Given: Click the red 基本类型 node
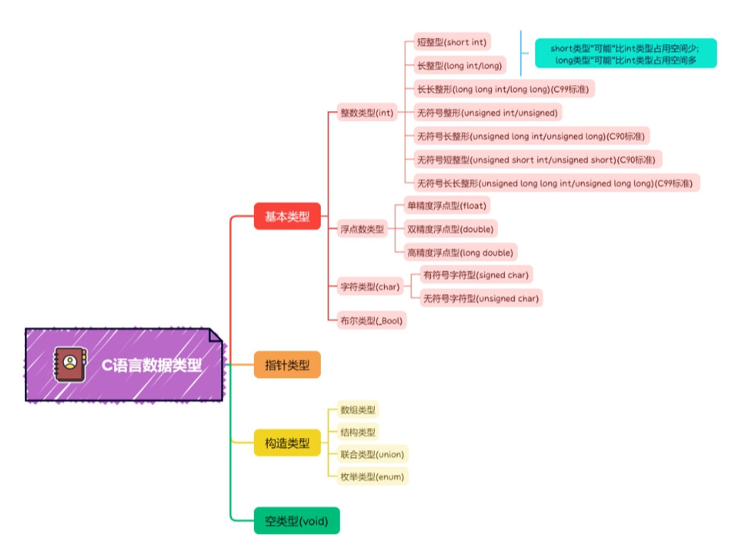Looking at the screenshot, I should click(287, 217).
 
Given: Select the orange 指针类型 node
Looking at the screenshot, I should click(287, 365).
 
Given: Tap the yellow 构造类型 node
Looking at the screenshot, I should click(287, 443).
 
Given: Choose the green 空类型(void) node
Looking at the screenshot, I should click(296, 521).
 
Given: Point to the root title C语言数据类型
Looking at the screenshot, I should click(152, 364).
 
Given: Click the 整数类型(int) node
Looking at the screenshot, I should click(366, 113).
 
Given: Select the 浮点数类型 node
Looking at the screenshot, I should click(362, 229).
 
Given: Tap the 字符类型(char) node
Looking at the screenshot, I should click(369, 287).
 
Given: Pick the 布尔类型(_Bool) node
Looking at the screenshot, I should click(371, 321).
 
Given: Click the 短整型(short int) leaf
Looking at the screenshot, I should click(451, 42).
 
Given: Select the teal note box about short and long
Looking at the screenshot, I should click(625, 53).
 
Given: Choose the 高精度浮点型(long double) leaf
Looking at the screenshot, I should click(460, 253).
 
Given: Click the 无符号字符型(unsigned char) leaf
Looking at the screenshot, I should click(481, 298).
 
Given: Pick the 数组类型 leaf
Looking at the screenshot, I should click(357, 410).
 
